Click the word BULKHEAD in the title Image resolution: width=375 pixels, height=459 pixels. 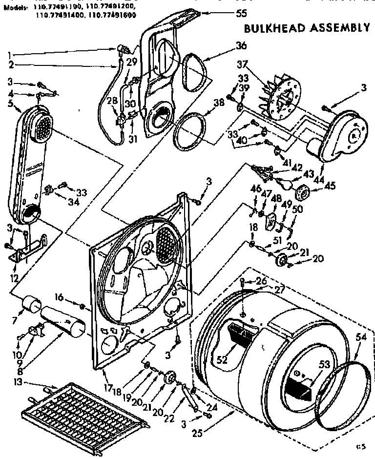pyautogui.click(x=272, y=27)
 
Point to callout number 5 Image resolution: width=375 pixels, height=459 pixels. pyautogui.click(x=11, y=103)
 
